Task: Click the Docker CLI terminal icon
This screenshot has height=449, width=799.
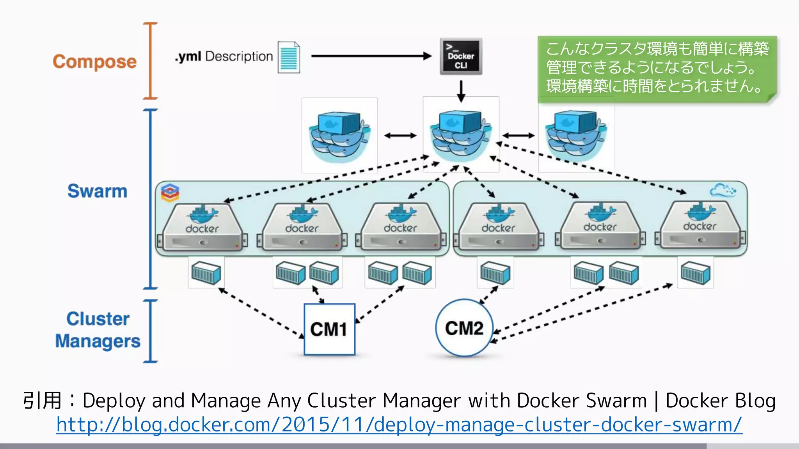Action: coord(461,57)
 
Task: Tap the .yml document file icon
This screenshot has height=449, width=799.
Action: coord(289,57)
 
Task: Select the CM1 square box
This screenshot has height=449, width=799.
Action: coord(329,329)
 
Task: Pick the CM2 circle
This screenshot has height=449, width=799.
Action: coord(464,328)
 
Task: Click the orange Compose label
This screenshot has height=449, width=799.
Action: coord(95,62)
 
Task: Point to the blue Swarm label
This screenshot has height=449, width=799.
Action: coord(98,191)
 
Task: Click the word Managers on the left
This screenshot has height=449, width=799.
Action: coord(98,341)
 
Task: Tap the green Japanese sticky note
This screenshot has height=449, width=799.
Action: coord(657,68)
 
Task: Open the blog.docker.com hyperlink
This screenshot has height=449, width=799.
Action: coord(399,425)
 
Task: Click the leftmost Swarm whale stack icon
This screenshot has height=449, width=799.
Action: coord(339,135)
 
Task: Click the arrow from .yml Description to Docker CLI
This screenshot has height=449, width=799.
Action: coord(371,56)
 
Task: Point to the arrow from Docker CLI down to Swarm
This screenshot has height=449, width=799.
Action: coord(461,91)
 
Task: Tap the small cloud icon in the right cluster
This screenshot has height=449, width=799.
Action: coord(723,191)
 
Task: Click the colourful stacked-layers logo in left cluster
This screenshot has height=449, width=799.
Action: coord(170,193)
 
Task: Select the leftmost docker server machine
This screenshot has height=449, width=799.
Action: coord(202,228)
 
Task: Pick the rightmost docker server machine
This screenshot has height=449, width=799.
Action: coord(700,226)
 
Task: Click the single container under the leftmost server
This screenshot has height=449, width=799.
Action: coord(206,272)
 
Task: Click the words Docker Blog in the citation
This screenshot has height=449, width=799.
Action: coord(720,401)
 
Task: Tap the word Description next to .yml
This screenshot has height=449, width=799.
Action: coord(239,57)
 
